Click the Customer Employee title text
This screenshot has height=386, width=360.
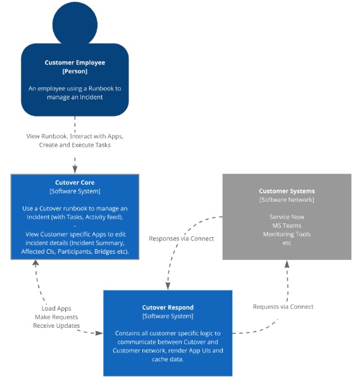[x=75, y=63]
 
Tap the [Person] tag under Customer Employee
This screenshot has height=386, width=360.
[x=75, y=71]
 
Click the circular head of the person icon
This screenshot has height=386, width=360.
[x=75, y=24]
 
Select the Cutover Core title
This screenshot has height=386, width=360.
[x=75, y=182]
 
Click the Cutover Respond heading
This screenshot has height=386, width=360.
[x=168, y=308]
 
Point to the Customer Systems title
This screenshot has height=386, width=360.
[x=287, y=191]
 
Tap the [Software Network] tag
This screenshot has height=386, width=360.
[x=287, y=200]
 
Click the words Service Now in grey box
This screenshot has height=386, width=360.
[x=287, y=217]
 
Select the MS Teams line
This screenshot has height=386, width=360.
[x=287, y=225]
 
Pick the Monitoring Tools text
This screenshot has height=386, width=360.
[x=287, y=234]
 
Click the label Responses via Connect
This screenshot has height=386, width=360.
[x=182, y=239]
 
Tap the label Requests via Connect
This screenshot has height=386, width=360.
[x=283, y=307]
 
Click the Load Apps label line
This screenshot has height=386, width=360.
[x=56, y=308]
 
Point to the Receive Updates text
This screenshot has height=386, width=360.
[x=56, y=326]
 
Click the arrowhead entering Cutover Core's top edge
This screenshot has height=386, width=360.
[x=75, y=170]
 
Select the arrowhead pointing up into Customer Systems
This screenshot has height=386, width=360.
[x=287, y=264]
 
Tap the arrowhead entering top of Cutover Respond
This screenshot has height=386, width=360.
[x=168, y=286]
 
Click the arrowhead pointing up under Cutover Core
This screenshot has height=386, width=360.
[x=36, y=263]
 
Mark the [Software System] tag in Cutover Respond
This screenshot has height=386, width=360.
[x=168, y=316]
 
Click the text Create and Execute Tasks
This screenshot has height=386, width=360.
[x=75, y=145]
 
